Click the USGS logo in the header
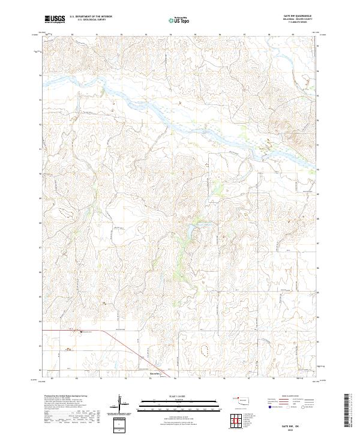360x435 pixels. click(x=54, y=19)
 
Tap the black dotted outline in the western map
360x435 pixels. click(x=65, y=211)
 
